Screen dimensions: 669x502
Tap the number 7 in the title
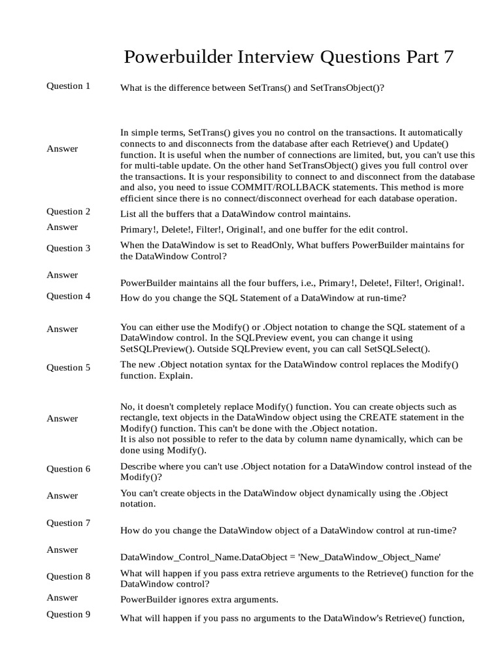click(x=448, y=57)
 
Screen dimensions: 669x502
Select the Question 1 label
click(x=69, y=86)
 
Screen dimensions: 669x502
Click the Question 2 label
click(x=69, y=212)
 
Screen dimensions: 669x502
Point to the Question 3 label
click(x=69, y=248)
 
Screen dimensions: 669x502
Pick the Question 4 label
click(x=69, y=296)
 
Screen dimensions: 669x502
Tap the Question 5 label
click(x=69, y=368)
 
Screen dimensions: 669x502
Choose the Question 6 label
click(x=69, y=469)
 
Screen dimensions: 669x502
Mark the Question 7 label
click(x=69, y=523)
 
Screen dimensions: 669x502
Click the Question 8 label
click(x=69, y=577)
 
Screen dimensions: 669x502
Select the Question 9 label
click(x=69, y=615)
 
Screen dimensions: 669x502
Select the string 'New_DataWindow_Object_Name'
click(x=370, y=557)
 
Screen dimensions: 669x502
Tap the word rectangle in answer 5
click(x=141, y=417)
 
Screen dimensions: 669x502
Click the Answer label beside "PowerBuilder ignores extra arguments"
click(x=62, y=598)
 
